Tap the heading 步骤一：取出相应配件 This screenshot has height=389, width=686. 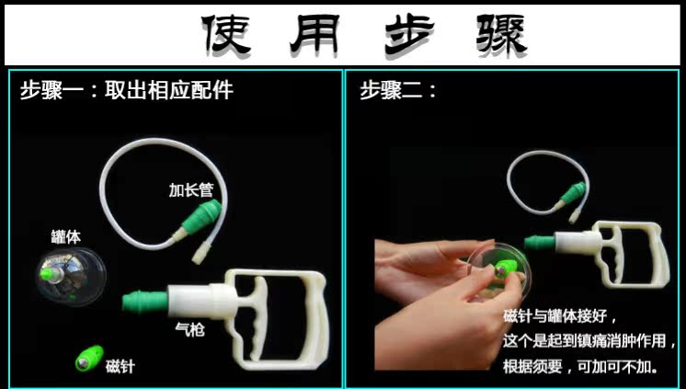click(x=126, y=91)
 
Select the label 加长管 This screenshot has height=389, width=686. click(x=190, y=190)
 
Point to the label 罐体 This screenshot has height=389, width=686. click(x=65, y=236)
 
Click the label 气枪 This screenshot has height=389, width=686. click(x=189, y=327)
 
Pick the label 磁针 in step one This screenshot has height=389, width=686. click(x=120, y=366)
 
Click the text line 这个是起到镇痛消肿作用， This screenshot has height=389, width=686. click(x=589, y=341)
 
